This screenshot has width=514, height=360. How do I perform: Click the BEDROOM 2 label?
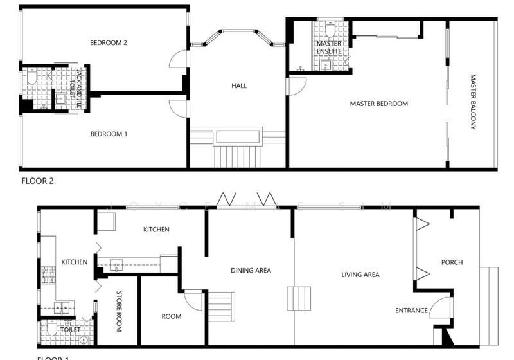tap(109, 43)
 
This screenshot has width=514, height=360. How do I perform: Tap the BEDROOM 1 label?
tap(109, 134)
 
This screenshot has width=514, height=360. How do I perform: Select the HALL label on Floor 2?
tap(239, 85)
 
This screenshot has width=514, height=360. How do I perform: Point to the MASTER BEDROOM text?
tap(378, 104)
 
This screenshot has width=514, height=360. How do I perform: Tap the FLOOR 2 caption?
tap(37, 181)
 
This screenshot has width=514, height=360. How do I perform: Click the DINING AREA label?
tap(251, 270)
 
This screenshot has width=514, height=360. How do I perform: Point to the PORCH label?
tap(452, 262)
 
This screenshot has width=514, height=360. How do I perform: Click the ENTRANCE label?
tap(411, 310)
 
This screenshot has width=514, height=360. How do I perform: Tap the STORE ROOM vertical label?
tap(119, 312)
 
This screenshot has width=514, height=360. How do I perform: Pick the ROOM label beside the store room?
tap(172, 316)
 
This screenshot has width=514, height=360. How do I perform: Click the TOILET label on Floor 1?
tap(70, 329)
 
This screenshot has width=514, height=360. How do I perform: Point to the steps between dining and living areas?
tap(299, 299)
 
